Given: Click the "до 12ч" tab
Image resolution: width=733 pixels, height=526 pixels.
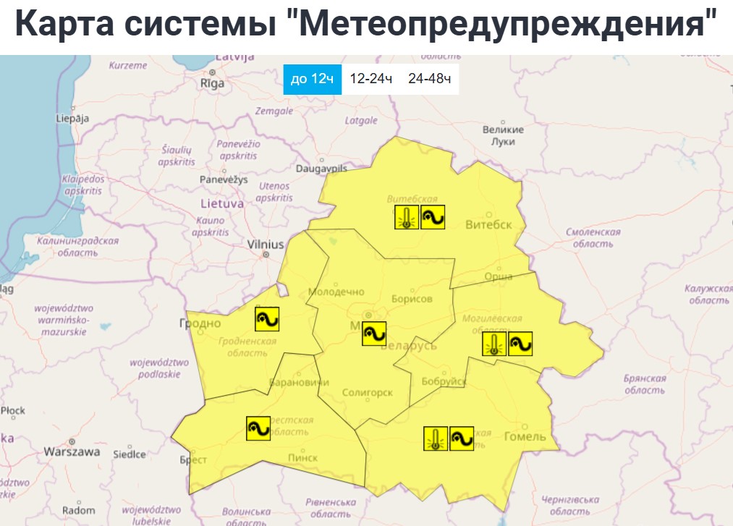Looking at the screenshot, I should click(x=312, y=79).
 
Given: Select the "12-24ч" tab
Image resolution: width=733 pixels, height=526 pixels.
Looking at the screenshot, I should click(x=370, y=79).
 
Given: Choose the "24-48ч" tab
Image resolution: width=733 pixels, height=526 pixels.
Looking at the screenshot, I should click(x=429, y=79).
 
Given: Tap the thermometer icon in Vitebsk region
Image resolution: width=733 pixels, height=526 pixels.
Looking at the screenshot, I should click(x=407, y=217).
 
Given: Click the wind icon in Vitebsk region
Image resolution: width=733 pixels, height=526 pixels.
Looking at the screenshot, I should click(x=433, y=217).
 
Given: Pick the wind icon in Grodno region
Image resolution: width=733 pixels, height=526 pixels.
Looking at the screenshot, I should click(x=267, y=318).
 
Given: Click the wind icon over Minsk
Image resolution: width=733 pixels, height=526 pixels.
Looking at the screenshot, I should click(x=375, y=333).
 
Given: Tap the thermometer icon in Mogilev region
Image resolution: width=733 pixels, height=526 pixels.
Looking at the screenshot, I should click(x=494, y=344).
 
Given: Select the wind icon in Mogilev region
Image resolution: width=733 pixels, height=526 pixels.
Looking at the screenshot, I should click(x=520, y=344).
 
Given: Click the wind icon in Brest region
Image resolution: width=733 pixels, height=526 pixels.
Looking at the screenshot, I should click(x=258, y=428).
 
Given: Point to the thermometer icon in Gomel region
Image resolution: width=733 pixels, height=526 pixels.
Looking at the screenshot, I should click(x=435, y=438).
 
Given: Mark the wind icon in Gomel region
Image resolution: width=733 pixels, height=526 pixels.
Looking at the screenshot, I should click(x=462, y=438).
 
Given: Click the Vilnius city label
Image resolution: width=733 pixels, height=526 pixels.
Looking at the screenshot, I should click(x=266, y=245).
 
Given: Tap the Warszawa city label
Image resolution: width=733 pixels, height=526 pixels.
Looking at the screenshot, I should click(x=72, y=451).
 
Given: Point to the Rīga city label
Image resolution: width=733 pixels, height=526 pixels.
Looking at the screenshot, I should click(x=212, y=83).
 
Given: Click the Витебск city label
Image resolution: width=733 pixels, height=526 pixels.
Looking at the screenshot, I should click(x=489, y=224).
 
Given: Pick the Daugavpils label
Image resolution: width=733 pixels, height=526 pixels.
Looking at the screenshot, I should click(x=322, y=168).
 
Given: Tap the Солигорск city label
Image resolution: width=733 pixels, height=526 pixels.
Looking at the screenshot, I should click(x=368, y=393).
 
